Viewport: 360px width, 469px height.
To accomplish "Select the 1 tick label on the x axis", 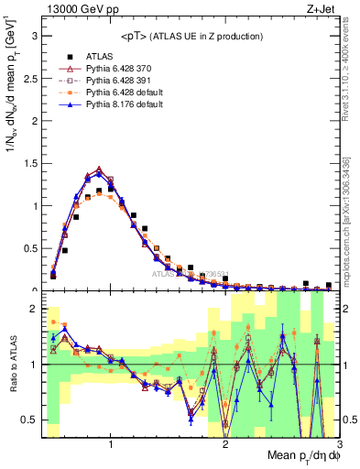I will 111,445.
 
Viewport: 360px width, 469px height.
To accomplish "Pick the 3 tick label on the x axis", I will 338,445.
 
